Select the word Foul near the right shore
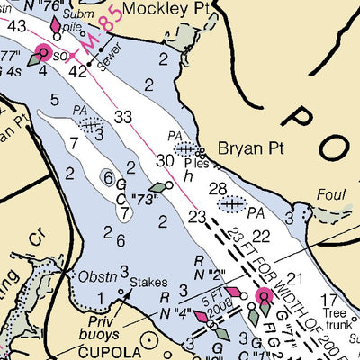click(330, 193)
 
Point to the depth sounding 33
click(123, 116)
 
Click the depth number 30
click(164, 160)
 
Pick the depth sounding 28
click(217, 188)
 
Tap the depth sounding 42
click(79, 71)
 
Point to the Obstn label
click(98, 275)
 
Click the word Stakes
click(148, 282)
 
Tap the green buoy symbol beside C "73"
click(159, 187)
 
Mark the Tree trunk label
click(340, 319)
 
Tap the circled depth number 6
click(107, 177)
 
